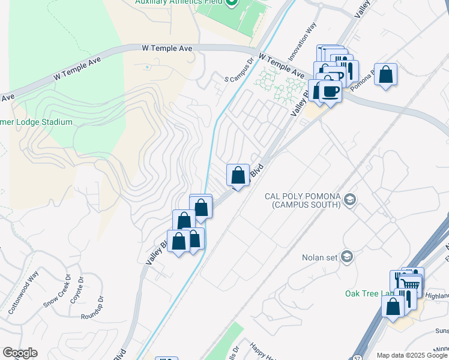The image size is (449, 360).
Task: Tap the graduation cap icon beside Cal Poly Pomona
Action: tap(351, 199)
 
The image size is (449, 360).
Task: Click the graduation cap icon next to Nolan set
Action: tap(346, 257)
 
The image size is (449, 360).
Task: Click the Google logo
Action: tap(20, 353)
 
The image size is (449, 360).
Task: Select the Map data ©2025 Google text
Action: tap(411, 355)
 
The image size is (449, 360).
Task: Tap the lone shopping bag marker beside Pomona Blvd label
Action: tap(386, 75)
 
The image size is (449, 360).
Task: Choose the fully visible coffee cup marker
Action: tap(330, 91)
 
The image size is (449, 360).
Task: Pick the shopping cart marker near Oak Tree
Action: tap(411, 284)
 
